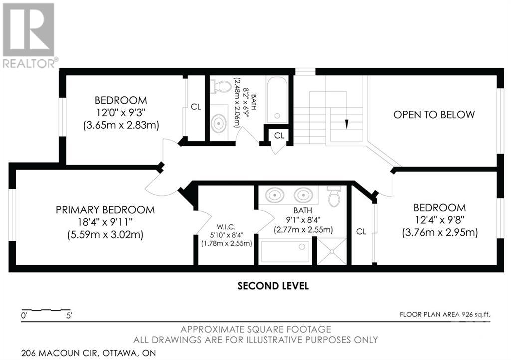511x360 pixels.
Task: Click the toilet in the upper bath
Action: pyautogui.click(x=221, y=86)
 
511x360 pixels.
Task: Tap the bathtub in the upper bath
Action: pyautogui.click(x=277, y=100)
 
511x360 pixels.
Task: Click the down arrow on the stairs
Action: pyautogui.click(x=346, y=124)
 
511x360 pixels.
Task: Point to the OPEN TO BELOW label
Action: pyautogui.click(x=434, y=115)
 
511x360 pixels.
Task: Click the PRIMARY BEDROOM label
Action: pyautogui.click(x=105, y=210)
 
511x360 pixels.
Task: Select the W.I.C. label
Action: pyautogui.click(x=226, y=227)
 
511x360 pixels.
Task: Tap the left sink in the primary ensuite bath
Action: pyautogui.click(x=275, y=195)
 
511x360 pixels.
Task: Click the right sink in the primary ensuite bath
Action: pyautogui.click(x=303, y=195)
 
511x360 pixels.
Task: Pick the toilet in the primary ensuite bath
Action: pyautogui.click(x=334, y=196)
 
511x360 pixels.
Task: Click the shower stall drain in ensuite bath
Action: pyautogui.click(x=332, y=251)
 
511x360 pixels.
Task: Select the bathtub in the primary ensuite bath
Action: pyautogui.click(x=285, y=252)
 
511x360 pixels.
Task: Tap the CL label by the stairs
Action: pyautogui.click(x=279, y=136)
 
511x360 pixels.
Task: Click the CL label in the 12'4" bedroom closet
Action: pyautogui.click(x=361, y=232)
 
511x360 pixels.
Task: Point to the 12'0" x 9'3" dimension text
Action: pyautogui.click(x=121, y=113)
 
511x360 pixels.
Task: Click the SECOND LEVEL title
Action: pyautogui.click(x=273, y=286)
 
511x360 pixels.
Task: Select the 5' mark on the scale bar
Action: pyautogui.click(x=69, y=316)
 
